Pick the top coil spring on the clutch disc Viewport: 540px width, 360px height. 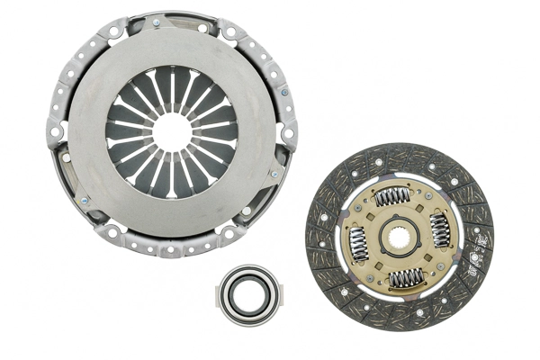(392, 196)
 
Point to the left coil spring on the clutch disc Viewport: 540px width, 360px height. (357, 244)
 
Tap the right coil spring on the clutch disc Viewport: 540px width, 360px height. (441, 231)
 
